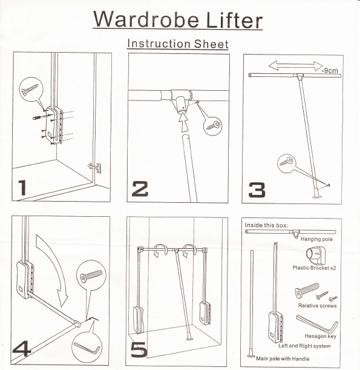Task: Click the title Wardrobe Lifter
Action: coord(178,19)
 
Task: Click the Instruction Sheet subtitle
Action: coord(178,44)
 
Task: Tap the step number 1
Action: coord(22,188)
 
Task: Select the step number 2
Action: coord(140,189)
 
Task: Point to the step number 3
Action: coord(257,190)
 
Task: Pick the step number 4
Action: coord(22,349)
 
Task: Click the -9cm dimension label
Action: coord(330,70)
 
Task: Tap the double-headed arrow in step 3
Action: coord(296,66)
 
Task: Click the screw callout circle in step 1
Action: coord(31,89)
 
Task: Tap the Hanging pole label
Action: coord(316,239)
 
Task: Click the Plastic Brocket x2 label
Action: coord(314,268)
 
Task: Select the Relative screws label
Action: coord(317,306)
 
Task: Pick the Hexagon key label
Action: coord(321,336)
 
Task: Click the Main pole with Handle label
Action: coord(283,358)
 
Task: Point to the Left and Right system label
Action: coord(304,346)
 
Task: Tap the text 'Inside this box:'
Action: coord(266,225)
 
